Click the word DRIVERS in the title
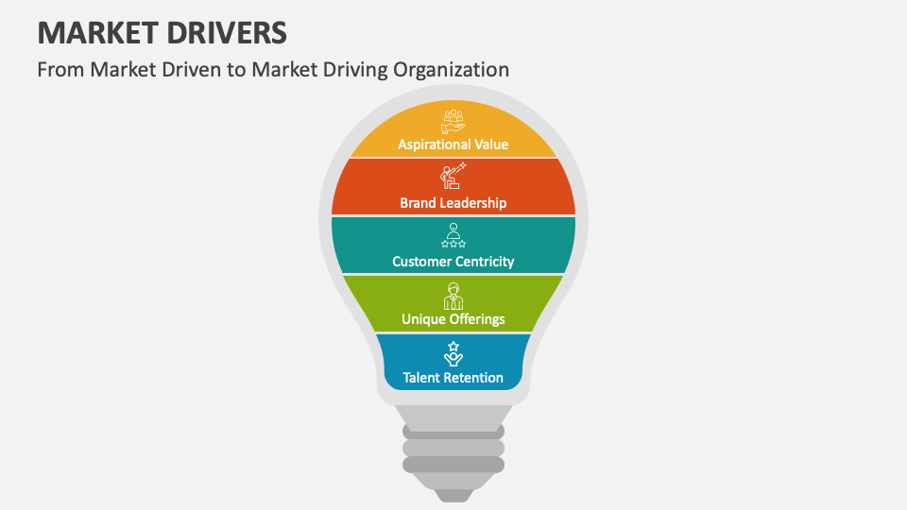coord(228,32)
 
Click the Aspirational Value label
coord(453,144)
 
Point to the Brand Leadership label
coord(453,203)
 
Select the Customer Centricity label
coord(453,262)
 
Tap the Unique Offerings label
coord(453,319)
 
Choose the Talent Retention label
coord(453,378)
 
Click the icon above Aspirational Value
coord(453,122)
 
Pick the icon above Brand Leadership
coord(453,177)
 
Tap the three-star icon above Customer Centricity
coord(453,235)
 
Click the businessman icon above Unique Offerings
coord(453,296)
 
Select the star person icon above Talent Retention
coord(453,354)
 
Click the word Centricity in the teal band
coord(482,262)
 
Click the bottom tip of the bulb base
coord(453,496)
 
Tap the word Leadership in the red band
coord(473,203)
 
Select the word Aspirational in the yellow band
coord(432,144)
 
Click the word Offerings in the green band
coord(477,319)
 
